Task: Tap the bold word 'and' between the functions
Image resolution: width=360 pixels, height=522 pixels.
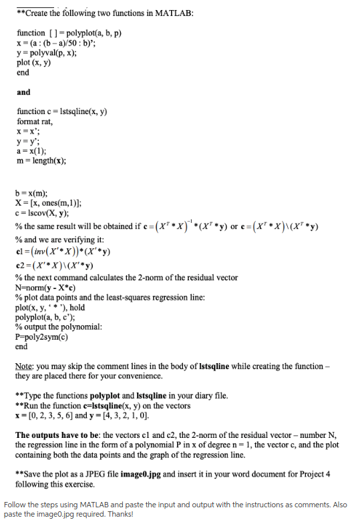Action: tap(23, 92)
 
